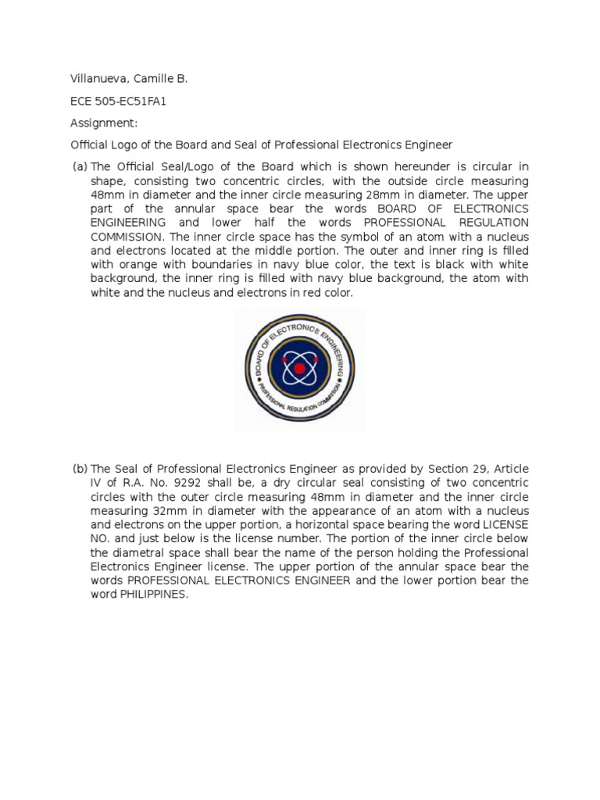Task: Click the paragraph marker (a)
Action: (79, 166)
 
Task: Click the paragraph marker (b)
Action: (79, 469)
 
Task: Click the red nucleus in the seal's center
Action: (299, 368)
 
